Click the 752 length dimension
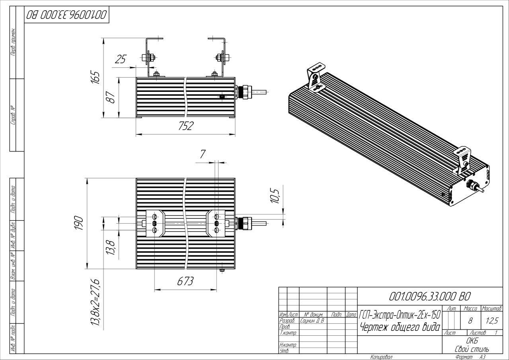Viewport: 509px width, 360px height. pyautogui.click(x=185, y=126)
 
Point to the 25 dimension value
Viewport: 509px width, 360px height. pyautogui.click(x=120, y=60)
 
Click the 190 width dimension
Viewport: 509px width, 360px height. pyautogui.click(x=78, y=223)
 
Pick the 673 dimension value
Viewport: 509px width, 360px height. pyautogui.click(x=185, y=281)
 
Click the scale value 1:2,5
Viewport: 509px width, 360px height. pyautogui.click(x=491, y=319)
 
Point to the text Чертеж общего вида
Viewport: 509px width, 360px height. pyautogui.click(x=400, y=327)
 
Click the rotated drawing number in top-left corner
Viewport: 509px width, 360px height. pyautogui.click(x=66, y=15)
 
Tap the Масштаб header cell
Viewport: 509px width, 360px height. pyautogui.click(x=491, y=308)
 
